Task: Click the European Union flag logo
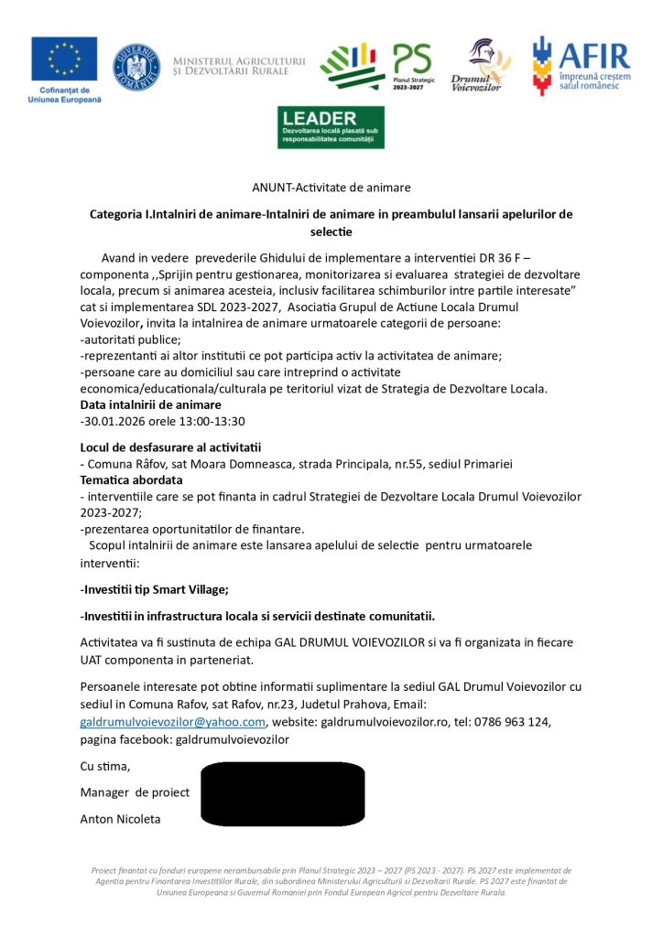pos(64,60)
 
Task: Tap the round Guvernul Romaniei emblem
pos(136,67)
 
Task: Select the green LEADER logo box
pos(331,127)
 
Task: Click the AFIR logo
pos(580,66)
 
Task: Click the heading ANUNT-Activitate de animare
pos(331,188)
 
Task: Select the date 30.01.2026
pos(112,422)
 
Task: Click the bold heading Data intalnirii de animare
pos(150,404)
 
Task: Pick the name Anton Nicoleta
pos(120,819)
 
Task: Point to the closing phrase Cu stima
pos(105,766)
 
